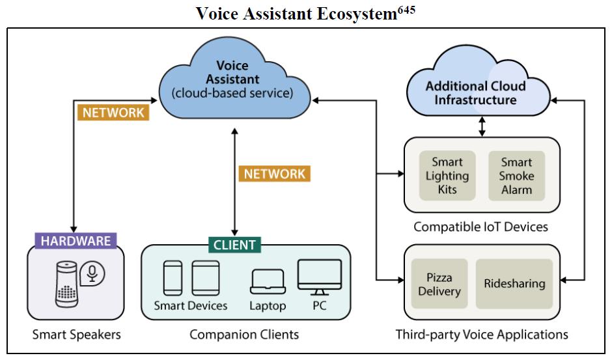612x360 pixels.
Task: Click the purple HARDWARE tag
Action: click(76, 240)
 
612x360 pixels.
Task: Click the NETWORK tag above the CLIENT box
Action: click(274, 174)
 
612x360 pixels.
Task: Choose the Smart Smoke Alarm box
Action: click(516, 176)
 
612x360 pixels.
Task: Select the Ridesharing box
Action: click(514, 284)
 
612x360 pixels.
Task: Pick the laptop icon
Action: click(268, 281)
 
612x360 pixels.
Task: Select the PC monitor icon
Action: click(319, 276)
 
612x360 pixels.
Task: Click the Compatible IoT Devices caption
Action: click(480, 227)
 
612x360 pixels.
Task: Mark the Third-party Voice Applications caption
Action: click(482, 335)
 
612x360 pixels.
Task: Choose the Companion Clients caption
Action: click(244, 335)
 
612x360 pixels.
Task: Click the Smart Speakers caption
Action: click(77, 335)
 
